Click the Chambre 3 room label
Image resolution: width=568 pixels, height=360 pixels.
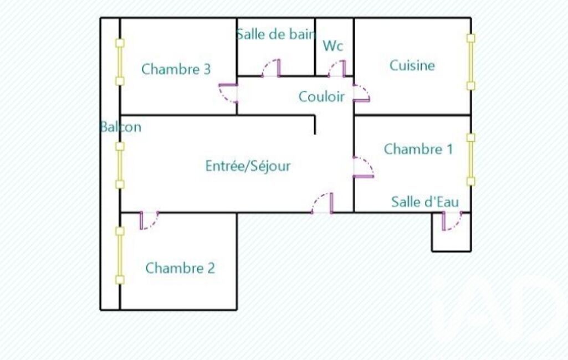(x=176, y=69)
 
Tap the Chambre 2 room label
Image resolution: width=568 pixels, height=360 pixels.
(x=180, y=268)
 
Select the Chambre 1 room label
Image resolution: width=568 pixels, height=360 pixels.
(x=418, y=149)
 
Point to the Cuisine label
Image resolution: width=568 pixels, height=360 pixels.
(x=412, y=65)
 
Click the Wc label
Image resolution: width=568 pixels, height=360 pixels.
(x=333, y=45)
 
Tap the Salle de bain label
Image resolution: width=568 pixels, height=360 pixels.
(x=275, y=34)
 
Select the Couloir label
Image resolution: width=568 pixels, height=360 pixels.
(x=321, y=96)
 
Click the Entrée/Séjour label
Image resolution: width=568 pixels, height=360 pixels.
(x=248, y=166)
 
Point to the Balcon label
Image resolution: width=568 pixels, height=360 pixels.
(x=120, y=127)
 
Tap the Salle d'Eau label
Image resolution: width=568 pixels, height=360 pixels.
(x=425, y=202)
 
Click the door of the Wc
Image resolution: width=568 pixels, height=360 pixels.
(x=337, y=69)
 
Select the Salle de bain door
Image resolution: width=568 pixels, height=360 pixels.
(x=271, y=68)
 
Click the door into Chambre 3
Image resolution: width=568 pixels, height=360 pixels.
(x=228, y=94)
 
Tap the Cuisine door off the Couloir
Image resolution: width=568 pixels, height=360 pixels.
(x=361, y=94)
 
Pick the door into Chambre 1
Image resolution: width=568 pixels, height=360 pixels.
(x=364, y=167)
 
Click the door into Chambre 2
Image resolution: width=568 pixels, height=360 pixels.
(x=149, y=220)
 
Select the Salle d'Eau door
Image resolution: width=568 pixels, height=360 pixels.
(x=452, y=221)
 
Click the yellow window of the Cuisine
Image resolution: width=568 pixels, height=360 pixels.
(x=470, y=62)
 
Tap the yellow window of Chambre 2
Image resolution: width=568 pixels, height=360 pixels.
(x=120, y=255)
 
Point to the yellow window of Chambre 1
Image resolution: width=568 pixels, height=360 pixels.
(x=470, y=160)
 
